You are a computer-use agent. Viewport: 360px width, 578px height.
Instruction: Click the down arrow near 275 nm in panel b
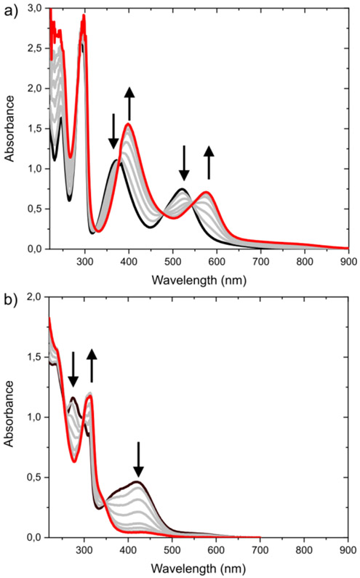coord(73,370)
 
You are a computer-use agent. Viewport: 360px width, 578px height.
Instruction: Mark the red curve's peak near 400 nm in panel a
coord(129,124)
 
